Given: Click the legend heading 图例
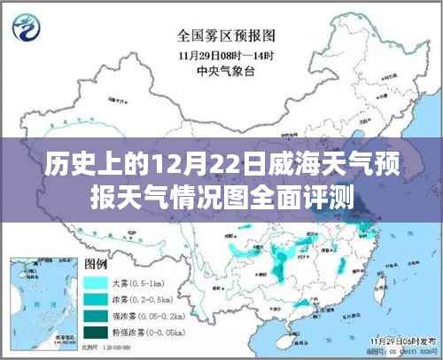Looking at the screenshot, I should point(96,265).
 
